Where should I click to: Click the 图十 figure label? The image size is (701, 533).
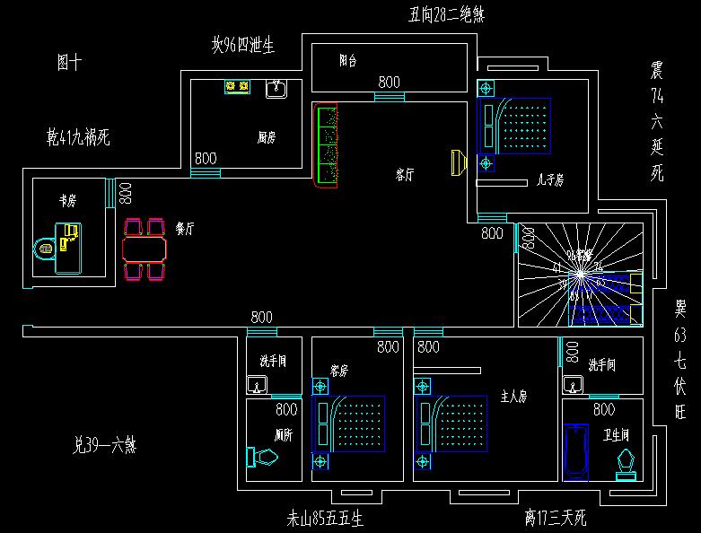69,62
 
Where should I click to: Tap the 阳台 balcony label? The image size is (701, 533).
348,61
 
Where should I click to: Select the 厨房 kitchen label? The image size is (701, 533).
266,137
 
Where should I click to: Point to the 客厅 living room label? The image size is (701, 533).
405,175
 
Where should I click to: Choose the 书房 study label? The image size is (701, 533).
67,201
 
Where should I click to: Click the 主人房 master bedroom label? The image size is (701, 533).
513,395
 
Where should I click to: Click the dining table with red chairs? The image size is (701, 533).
145,246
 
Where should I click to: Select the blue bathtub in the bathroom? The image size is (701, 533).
574,453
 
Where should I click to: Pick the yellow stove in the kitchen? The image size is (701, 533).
237,87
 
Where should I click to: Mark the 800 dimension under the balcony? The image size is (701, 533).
389,82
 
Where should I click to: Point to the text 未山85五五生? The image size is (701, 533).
324,518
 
